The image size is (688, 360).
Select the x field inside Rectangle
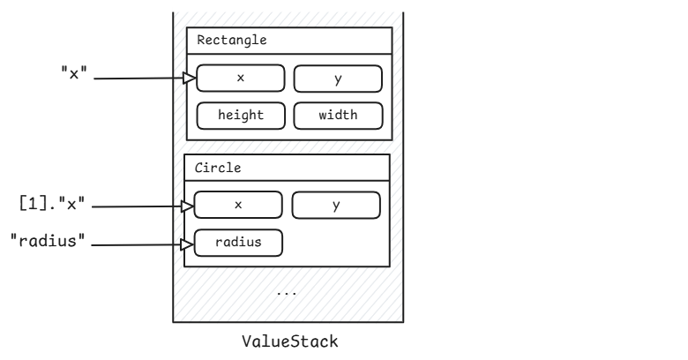coord(240,79)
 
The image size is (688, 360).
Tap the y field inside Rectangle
coord(338,79)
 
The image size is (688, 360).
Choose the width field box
coord(338,116)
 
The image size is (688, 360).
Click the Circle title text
coord(217,167)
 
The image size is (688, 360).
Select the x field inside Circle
coord(237,205)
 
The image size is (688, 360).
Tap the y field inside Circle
coord(336,205)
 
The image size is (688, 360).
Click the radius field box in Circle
coord(238,242)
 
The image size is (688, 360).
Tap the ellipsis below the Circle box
coord(287,292)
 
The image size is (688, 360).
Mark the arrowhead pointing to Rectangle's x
coord(189,79)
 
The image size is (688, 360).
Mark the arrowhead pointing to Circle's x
coord(188,207)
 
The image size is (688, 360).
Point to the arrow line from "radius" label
coord(137,244)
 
